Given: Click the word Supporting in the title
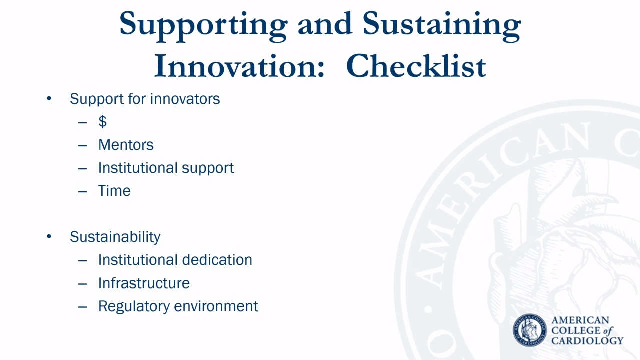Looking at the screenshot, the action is coord(203,26).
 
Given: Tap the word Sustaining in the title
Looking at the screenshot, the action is coord(442,26).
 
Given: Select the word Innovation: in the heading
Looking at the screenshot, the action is coord(239,66).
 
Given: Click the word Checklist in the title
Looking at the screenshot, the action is coord(416,66).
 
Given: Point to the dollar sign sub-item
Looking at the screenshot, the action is coord(103,121).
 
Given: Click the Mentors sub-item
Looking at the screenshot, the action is coord(126,145).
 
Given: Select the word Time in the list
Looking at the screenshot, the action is coord(114,191).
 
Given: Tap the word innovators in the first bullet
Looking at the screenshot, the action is coord(185,99).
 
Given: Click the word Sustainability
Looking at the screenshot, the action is coord(115,237).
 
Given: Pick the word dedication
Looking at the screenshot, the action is coord(217,260).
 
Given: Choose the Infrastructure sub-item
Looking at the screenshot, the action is coord(144,283).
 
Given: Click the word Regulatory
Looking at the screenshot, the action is coord(135,307).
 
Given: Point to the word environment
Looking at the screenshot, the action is coord(216,306).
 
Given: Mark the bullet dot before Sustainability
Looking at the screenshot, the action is coord(49,236).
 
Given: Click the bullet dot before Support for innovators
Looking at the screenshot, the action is coord(49,98).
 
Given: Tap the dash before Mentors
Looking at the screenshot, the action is coord(83,145).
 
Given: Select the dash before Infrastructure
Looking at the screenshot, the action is coord(83,284).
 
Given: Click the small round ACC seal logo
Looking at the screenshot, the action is coord(530,330).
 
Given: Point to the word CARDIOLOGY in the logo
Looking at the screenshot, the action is coord(587,341).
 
